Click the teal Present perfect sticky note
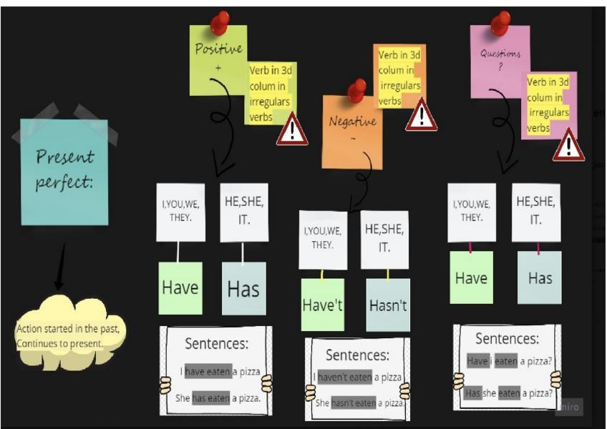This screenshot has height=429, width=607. point(64,172)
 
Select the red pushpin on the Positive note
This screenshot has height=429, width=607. point(220,22)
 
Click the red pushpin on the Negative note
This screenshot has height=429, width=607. point(356,91)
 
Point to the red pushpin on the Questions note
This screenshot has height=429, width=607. point(500,23)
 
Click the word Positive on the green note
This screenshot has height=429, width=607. point(219,49)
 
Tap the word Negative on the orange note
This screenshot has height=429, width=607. point(353,122)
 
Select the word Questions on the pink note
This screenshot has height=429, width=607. point(500,54)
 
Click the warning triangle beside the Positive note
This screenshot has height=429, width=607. point(292,129)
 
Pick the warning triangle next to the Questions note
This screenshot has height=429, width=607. point(568,145)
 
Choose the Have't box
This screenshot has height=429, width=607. point(322,305)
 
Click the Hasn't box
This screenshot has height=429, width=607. point(388,305)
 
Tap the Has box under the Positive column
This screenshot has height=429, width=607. point(244,289)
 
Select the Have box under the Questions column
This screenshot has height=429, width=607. point(472,277)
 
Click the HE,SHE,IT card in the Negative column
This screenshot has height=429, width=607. point(384,240)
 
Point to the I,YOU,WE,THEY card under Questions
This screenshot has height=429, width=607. point(472,212)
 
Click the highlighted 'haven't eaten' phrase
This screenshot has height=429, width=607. point(345,378)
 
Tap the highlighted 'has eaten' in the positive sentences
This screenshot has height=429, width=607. point(211,398)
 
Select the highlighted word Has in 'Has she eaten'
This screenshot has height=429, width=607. point(473,393)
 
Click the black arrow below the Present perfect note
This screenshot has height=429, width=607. point(61,267)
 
